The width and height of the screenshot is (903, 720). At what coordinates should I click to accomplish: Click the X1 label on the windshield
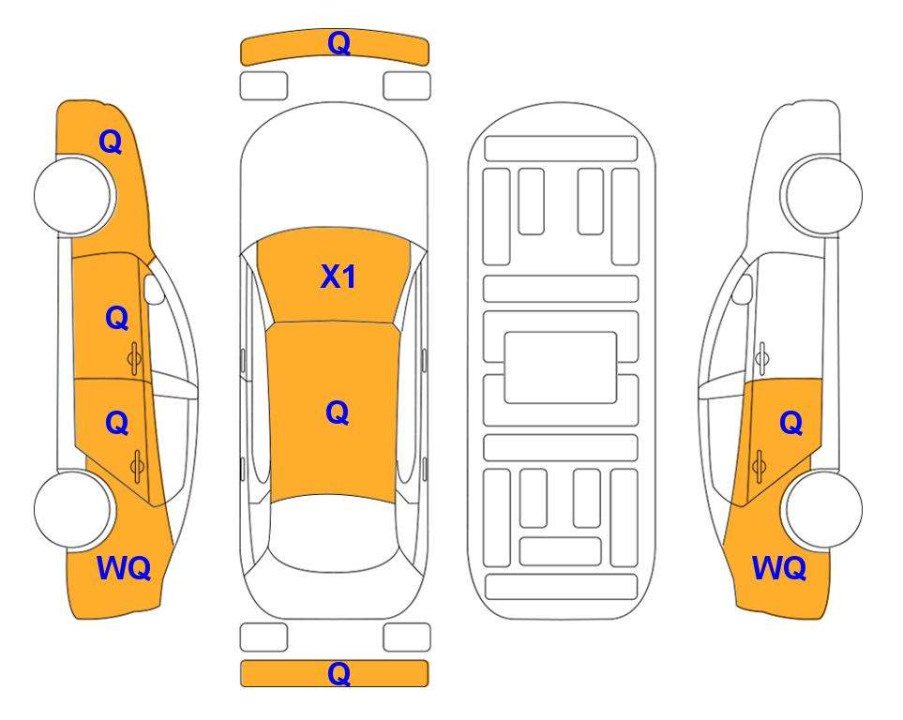[x=339, y=277]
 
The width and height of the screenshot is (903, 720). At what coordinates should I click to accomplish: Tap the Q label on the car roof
[x=338, y=412]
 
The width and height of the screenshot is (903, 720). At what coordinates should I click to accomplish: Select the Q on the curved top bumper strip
[x=339, y=43]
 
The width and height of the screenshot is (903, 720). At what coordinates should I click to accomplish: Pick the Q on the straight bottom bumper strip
[x=339, y=673]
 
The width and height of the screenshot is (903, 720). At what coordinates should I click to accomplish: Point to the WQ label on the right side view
[x=779, y=568]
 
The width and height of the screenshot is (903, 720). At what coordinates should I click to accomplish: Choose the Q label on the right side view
[x=790, y=424]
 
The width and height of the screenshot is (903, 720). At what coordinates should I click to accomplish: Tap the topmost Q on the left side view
[x=111, y=142]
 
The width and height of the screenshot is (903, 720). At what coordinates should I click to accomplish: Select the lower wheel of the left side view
[x=73, y=509]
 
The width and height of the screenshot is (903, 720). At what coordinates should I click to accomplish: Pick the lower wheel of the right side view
[x=823, y=509]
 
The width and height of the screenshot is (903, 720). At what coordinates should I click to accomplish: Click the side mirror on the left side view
[x=154, y=289]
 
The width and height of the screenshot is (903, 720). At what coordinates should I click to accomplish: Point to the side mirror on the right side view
[x=743, y=289]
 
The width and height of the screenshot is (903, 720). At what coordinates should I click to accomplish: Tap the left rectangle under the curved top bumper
[x=263, y=86]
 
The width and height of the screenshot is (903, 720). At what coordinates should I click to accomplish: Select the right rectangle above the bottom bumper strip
[x=407, y=637]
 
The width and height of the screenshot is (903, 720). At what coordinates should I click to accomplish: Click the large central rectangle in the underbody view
[x=561, y=367]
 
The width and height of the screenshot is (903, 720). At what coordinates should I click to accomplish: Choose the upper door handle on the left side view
[x=135, y=358]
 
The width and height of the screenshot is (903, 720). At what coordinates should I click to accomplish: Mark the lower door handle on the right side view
[x=759, y=466]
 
